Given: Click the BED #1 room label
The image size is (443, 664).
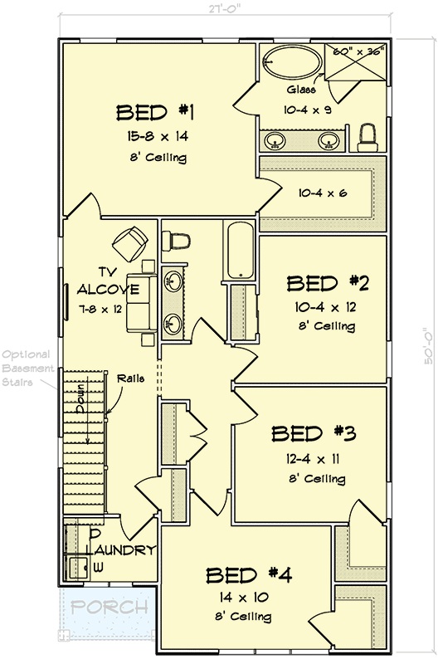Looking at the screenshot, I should pos(155,113).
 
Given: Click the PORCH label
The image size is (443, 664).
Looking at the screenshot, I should pos(110,608).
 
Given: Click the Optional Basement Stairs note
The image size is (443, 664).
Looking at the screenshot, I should pos(27,366).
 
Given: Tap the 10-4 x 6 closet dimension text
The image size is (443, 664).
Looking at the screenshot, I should pos(322,193).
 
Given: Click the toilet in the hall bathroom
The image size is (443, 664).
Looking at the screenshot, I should pos(177,239).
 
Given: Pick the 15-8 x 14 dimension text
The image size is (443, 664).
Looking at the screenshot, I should pos(155,136).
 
